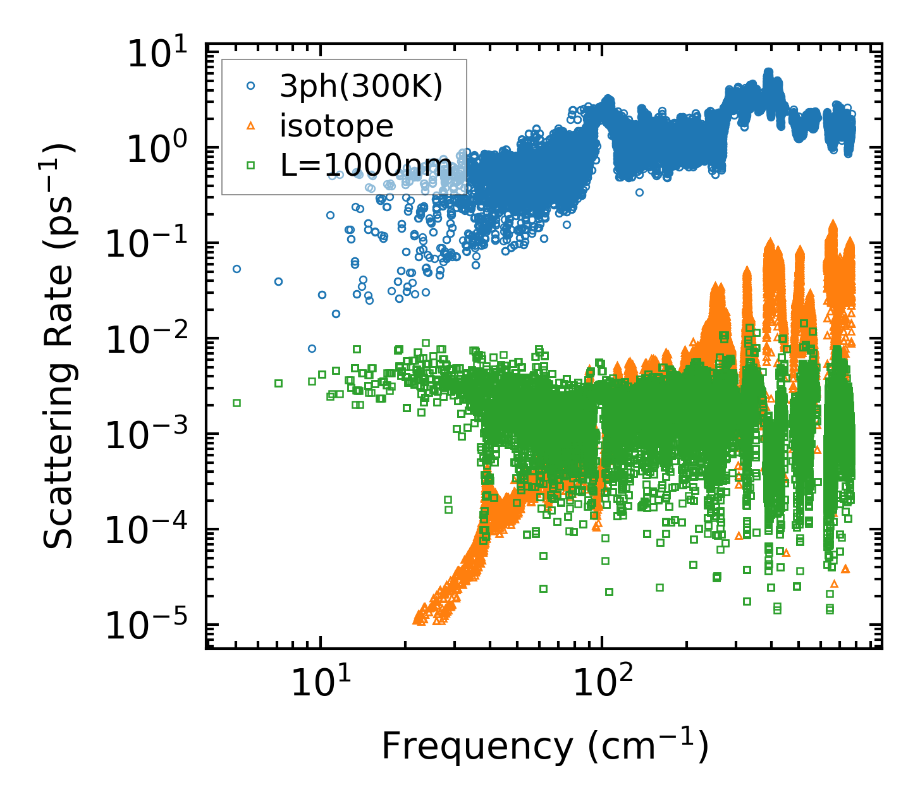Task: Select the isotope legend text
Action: click(x=336, y=126)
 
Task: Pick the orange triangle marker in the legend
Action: click(x=250, y=126)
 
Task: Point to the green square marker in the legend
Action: click(x=250, y=166)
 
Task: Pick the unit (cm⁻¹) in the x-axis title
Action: click(x=648, y=746)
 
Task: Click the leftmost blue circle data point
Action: click(x=237, y=269)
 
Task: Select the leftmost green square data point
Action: click(x=237, y=403)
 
